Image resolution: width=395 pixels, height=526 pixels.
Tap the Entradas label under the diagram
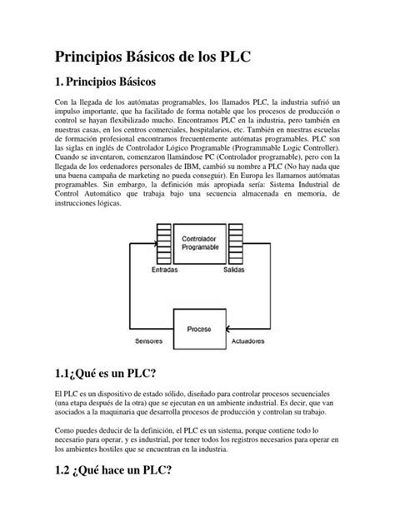pos(163,270)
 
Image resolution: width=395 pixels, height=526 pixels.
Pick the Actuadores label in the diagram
pos(250,341)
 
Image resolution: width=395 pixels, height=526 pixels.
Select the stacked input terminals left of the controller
pos(162,245)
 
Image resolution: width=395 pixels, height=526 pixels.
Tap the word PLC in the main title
pos(232,57)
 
